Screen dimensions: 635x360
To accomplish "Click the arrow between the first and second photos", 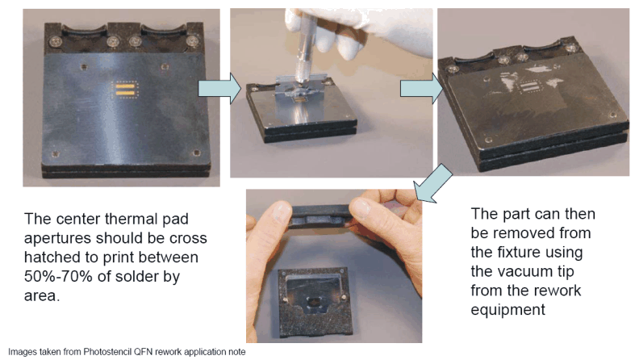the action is [x=219, y=88].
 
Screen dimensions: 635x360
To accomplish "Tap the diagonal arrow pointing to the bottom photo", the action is [x=433, y=183].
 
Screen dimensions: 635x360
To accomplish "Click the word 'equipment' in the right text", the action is [x=508, y=310].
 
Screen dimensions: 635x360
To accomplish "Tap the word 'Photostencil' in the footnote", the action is [x=107, y=351].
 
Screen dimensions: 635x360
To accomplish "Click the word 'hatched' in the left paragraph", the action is [x=49, y=257].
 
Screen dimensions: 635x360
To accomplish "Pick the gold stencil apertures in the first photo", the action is [x=125, y=90].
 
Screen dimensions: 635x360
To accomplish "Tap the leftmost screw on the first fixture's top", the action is [x=56, y=40].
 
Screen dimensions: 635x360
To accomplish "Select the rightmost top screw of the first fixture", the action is [x=192, y=41].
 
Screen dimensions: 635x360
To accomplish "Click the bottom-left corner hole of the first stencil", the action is [x=56, y=154].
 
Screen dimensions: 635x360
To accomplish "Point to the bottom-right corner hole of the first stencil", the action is [x=196, y=153].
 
